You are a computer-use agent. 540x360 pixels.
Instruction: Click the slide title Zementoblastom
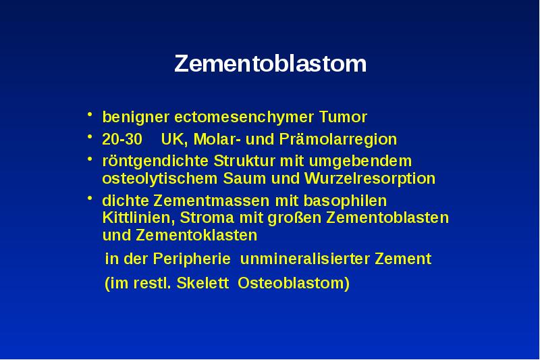tap(270, 64)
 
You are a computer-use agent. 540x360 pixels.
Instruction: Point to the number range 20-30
tap(122, 140)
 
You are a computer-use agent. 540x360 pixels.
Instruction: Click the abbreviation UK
tap(174, 140)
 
